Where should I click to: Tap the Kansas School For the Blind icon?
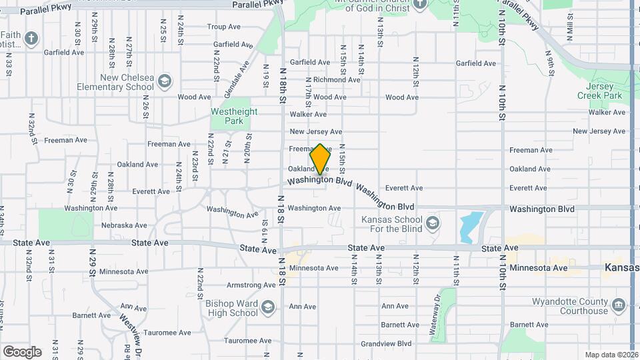click(x=433, y=222)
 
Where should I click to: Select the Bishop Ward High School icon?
click(x=268, y=307)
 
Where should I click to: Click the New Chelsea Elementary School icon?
click(x=165, y=82)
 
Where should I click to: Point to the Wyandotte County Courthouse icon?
click(x=618, y=305)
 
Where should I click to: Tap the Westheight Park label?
click(x=233, y=116)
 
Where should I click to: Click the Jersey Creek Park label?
click(x=603, y=91)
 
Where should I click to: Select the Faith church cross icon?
click(x=31, y=39)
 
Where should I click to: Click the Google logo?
click(x=22, y=351)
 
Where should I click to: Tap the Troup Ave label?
click(x=223, y=27)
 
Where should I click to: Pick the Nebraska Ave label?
click(x=125, y=225)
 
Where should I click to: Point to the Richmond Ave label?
click(x=337, y=79)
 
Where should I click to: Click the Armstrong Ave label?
click(x=251, y=285)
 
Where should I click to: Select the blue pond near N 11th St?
click(x=471, y=227)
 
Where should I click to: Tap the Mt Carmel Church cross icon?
click(x=419, y=4)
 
